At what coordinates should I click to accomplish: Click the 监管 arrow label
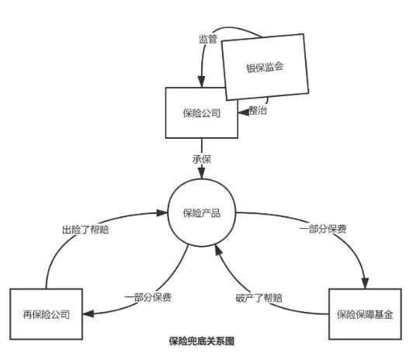(x=208, y=40)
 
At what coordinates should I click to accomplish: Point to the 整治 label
(x=258, y=110)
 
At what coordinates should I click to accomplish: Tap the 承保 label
(x=202, y=159)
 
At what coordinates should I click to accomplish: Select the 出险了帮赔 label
(x=85, y=230)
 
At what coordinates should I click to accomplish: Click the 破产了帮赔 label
(x=259, y=297)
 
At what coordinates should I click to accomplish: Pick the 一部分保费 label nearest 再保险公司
(x=148, y=297)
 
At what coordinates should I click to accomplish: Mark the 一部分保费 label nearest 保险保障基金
(x=323, y=229)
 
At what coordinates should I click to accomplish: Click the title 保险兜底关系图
(x=202, y=341)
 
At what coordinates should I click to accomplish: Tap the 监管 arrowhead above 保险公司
(x=201, y=81)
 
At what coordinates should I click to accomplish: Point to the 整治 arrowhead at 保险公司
(x=243, y=112)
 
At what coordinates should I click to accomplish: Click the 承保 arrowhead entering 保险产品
(x=202, y=173)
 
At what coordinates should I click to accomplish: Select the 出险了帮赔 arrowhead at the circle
(x=161, y=213)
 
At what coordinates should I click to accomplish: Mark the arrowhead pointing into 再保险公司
(x=88, y=313)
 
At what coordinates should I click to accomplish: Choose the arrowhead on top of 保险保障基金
(x=365, y=283)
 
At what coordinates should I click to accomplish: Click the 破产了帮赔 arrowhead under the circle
(x=218, y=250)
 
